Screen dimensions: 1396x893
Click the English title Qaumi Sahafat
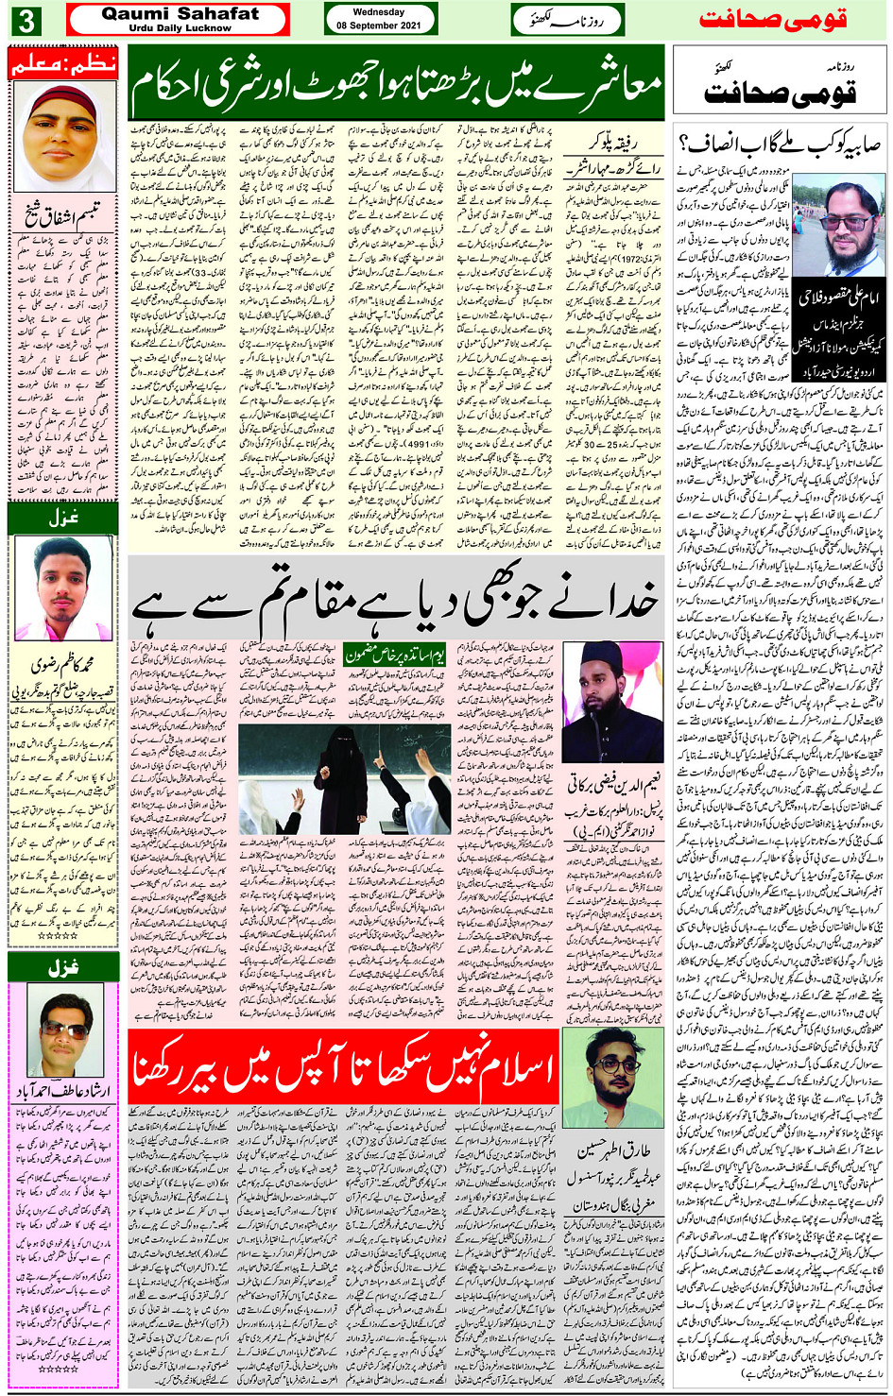tap(180, 13)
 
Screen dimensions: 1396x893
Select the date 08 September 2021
tap(378, 26)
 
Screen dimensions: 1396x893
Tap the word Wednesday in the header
tap(378, 12)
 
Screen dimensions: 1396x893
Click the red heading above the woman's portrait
tap(62, 63)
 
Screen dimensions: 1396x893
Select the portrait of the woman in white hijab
tap(62, 137)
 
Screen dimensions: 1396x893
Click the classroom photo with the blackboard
tap(344, 778)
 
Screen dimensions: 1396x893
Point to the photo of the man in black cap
tap(611, 702)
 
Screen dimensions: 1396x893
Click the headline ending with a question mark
tap(780, 145)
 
